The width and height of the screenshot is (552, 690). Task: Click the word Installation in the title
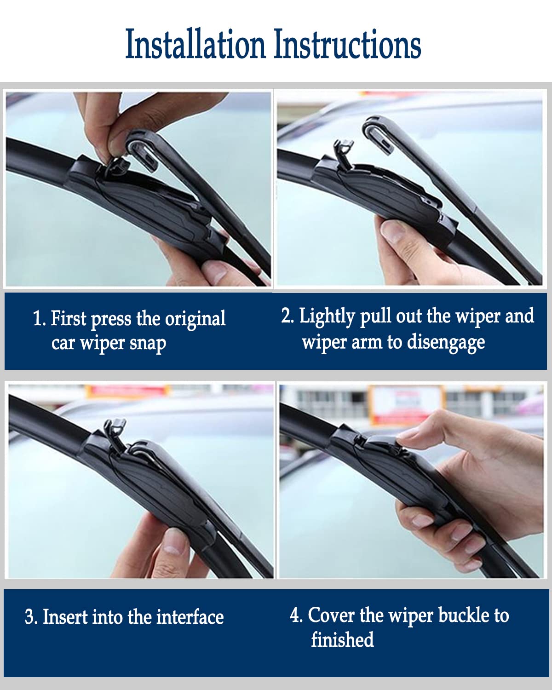(195, 45)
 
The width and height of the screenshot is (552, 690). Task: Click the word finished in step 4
(342, 640)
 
